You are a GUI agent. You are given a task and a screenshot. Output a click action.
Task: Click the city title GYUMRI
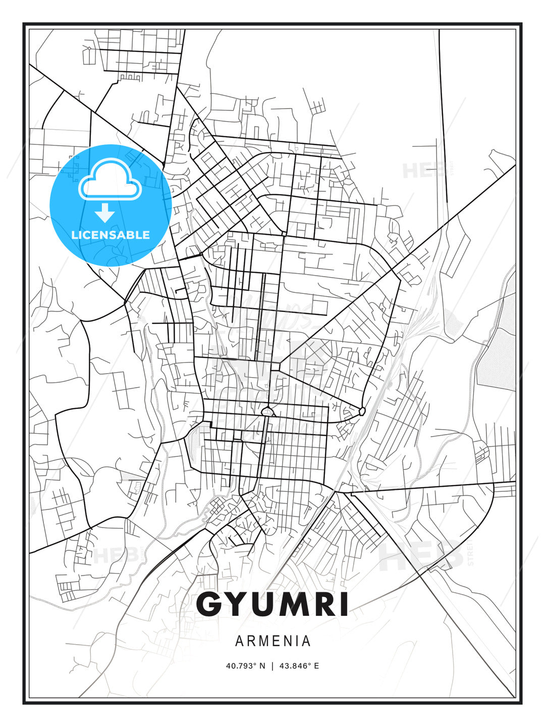(272, 604)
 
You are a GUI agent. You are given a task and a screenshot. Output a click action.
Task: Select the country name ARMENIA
(272, 641)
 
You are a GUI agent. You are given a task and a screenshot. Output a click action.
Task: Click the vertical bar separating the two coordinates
(272, 666)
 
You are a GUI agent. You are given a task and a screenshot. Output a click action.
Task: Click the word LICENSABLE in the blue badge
(111, 235)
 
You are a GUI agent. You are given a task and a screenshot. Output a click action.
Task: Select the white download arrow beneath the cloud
(105, 212)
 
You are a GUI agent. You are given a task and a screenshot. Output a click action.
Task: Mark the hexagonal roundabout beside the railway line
(362, 411)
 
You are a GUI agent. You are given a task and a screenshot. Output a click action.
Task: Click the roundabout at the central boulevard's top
(267, 412)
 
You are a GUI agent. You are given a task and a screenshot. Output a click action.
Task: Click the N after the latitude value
(262, 666)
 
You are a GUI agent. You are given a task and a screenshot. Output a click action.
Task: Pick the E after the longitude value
(316, 666)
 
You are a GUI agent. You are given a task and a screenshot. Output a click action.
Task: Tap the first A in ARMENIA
(239, 641)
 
